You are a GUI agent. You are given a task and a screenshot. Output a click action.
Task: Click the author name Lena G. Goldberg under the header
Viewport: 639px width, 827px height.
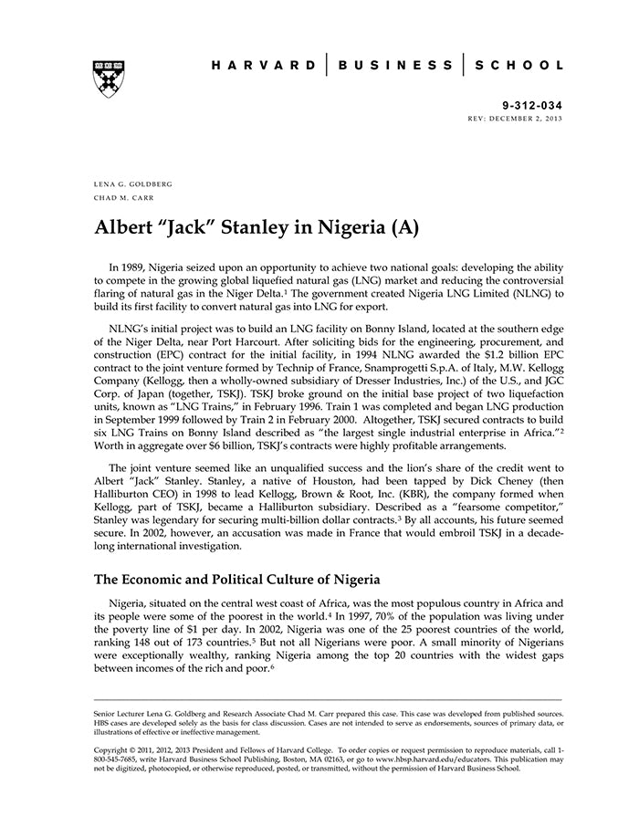133,183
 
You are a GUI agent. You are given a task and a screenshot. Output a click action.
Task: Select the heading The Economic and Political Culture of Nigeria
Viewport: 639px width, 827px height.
236,580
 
